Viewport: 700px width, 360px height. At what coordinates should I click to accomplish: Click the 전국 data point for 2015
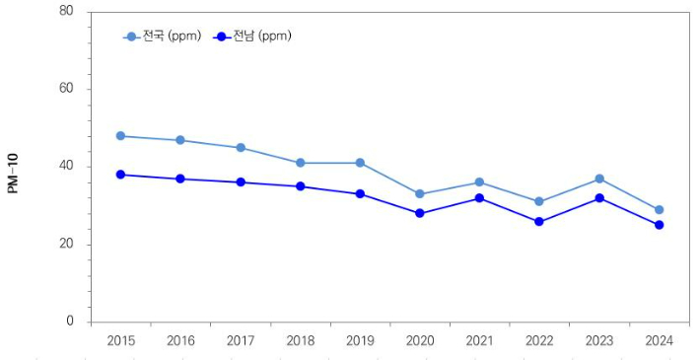tap(120, 136)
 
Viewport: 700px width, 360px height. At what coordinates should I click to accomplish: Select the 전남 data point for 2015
tap(120, 175)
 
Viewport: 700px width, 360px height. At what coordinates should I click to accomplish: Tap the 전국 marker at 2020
tap(420, 194)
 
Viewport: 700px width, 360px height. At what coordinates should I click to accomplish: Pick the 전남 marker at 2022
tap(539, 222)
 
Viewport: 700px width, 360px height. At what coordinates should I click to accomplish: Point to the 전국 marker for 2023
tap(599, 179)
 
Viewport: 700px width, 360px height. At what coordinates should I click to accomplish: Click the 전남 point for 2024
tap(659, 225)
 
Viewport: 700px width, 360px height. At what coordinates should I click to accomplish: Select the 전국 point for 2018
tap(300, 163)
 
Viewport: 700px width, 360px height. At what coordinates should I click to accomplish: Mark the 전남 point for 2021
tap(479, 198)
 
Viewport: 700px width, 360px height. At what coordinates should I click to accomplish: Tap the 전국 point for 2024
tap(659, 209)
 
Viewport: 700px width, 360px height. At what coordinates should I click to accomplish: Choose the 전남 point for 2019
tap(360, 193)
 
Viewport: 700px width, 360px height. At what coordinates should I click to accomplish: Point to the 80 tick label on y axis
tap(66, 11)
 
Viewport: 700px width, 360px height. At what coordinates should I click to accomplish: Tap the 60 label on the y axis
tap(66, 89)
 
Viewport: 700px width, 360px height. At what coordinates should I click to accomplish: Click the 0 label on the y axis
tap(69, 322)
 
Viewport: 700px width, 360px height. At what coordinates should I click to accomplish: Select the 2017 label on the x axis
tap(240, 341)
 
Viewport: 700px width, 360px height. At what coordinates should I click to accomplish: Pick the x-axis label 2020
tap(420, 341)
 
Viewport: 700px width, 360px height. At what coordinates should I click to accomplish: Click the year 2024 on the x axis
tap(659, 341)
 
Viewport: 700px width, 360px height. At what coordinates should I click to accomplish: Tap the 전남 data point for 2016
tap(180, 179)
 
